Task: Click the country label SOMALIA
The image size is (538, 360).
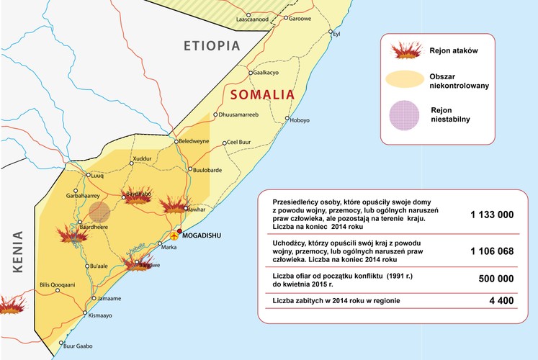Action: [263, 94]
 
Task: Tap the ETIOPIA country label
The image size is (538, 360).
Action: [211, 45]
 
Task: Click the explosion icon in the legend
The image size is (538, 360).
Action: [405, 51]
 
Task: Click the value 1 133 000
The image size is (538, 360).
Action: [492, 215]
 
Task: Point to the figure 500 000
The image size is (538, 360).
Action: [496, 279]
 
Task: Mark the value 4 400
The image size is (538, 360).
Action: [502, 300]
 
